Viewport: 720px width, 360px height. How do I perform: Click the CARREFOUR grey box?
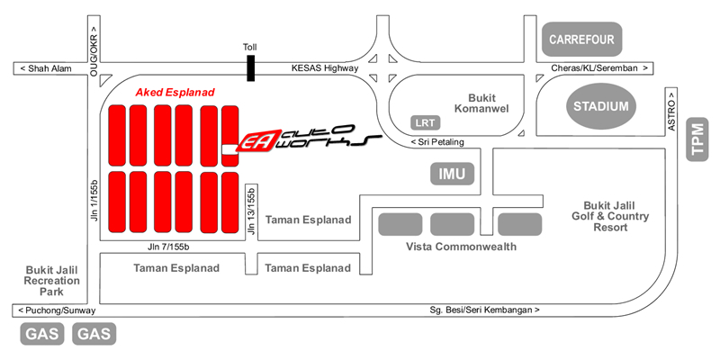[581, 40]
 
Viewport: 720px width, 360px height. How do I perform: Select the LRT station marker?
[423, 121]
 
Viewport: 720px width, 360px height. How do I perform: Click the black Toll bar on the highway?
[251, 68]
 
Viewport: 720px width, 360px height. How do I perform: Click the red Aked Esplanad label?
[172, 92]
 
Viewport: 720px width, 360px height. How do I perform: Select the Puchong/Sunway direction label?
[54, 310]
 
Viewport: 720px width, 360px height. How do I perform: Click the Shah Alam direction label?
[45, 69]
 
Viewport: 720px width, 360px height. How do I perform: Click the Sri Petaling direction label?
[440, 142]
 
